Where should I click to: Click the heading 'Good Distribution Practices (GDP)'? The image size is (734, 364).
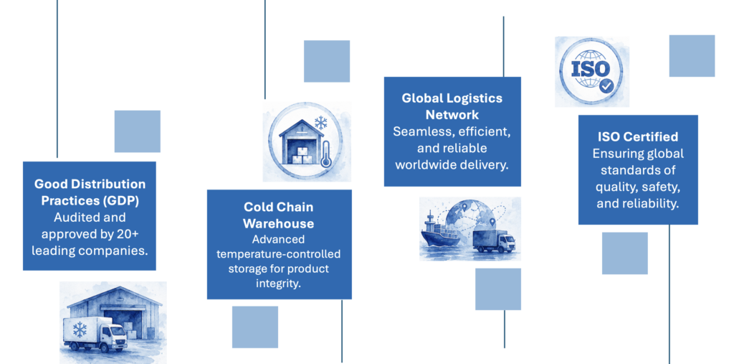[90, 192]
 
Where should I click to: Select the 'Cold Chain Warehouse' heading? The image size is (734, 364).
[279, 215]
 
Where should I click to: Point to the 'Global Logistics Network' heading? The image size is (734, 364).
[452, 106]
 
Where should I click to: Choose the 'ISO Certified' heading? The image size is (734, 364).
[638, 136]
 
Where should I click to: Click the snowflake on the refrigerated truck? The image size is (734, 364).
[80, 330]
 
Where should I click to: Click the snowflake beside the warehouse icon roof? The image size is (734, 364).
[320, 123]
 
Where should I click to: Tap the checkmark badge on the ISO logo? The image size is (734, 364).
[606, 86]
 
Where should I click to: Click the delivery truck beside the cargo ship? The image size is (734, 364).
[494, 241]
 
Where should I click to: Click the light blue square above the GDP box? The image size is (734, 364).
[138, 131]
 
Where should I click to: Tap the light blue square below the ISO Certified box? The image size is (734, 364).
[625, 253]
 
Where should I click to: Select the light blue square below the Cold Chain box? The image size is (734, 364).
[255, 327]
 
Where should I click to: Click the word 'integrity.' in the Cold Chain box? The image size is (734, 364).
[279, 284]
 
